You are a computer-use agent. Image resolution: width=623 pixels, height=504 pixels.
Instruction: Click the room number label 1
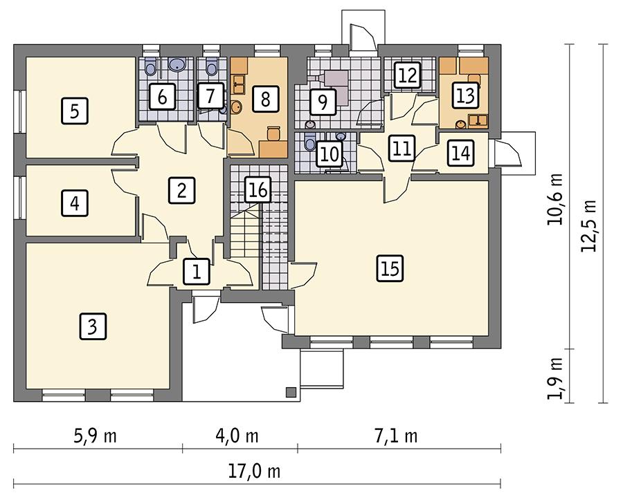point(197,272)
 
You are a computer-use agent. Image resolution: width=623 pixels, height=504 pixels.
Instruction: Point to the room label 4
point(74,203)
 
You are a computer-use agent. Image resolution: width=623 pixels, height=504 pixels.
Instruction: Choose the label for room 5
point(74,110)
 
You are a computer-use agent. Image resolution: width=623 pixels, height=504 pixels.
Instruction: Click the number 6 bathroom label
point(161,97)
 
